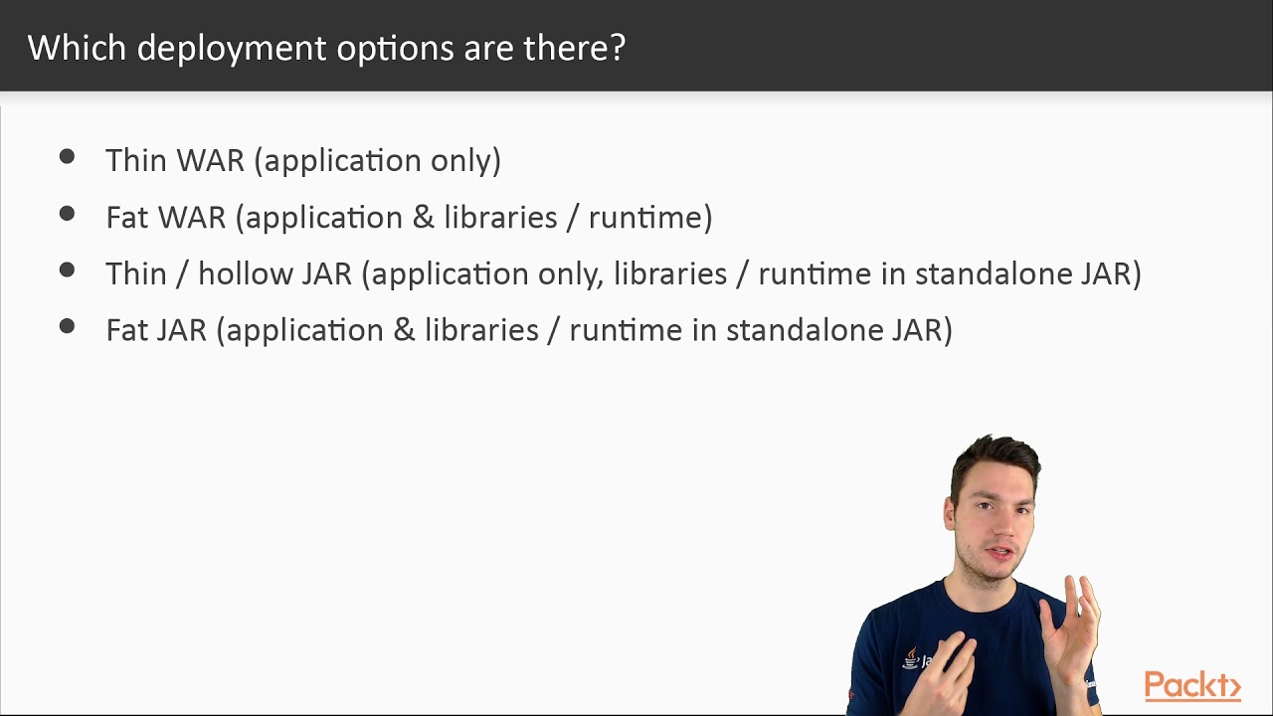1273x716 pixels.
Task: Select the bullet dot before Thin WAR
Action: coord(67,156)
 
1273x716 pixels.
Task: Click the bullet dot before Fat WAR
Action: coord(67,213)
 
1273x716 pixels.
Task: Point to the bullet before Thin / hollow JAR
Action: coord(67,269)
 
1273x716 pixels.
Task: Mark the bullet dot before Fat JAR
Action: coord(67,326)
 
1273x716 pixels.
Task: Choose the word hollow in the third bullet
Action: coord(243,273)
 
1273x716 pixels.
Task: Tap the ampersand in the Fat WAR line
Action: coord(424,217)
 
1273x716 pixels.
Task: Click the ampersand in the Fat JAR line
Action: coord(404,330)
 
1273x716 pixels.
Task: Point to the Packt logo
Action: coord(1191,685)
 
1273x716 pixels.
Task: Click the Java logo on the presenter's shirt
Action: coord(912,657)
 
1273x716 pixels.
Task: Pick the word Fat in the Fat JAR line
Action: coord(126,330)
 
